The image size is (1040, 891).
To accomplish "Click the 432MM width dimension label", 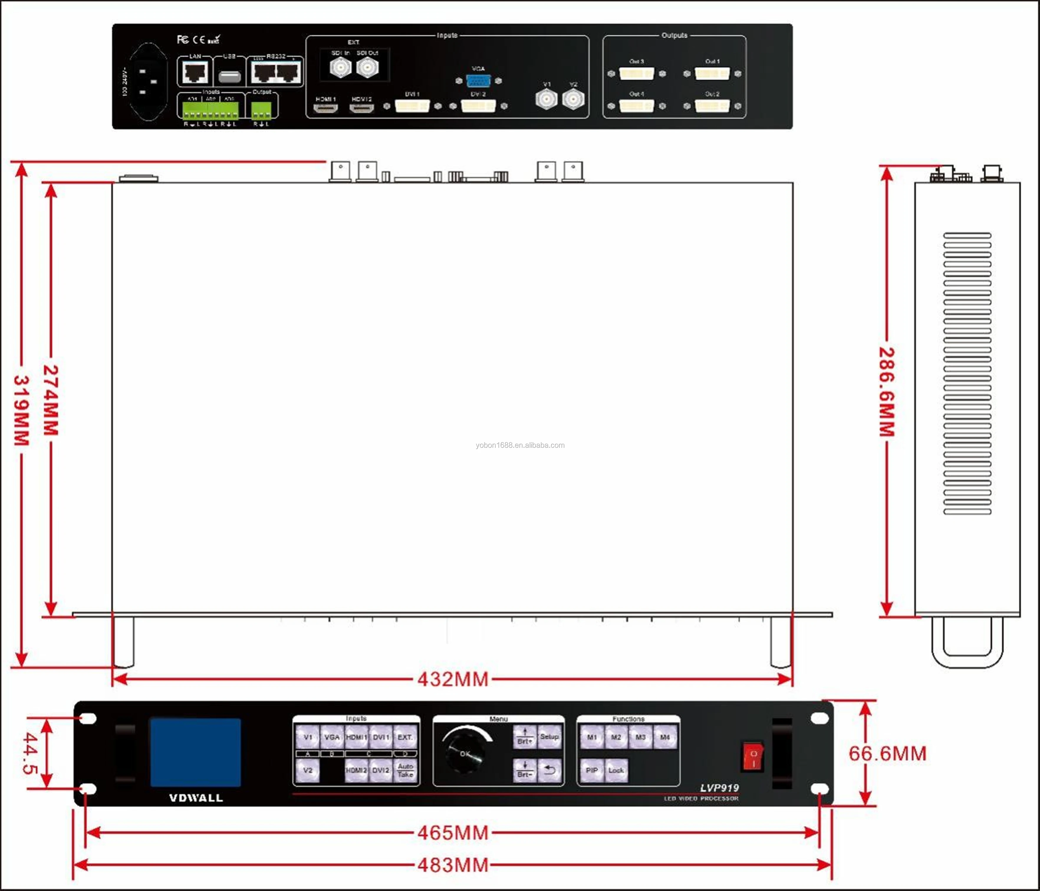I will [453, 679].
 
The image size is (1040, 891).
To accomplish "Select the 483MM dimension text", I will [453, 865].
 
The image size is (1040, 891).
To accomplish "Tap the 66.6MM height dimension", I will [887, 753].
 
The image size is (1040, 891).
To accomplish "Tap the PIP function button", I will [592, 770].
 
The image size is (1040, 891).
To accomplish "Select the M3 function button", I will [641, 737].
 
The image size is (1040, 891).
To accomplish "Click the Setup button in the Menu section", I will [549, 737].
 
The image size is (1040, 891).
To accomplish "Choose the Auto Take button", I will [405, 770].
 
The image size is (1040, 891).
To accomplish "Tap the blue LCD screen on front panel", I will [195, 752].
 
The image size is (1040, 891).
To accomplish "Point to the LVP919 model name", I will [719, 788].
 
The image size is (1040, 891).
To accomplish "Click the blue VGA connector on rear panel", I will [478, 80].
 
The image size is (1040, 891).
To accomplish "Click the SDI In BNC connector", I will [340, 67].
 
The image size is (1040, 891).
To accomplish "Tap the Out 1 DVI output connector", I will [712, 74].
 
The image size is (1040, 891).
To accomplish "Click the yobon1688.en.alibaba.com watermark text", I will [520, 445].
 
